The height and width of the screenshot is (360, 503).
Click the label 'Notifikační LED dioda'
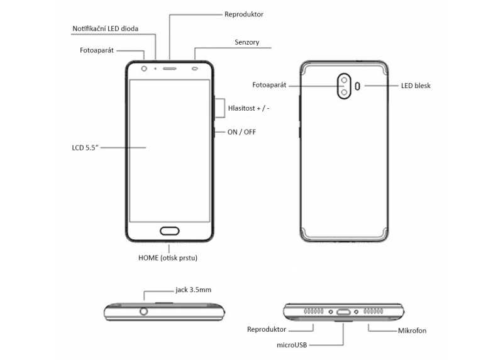point(105,28)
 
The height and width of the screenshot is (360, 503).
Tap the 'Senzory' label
point(246,43)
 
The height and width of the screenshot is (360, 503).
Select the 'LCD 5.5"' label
point(87,148)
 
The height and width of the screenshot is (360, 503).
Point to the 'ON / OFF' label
point(241,132)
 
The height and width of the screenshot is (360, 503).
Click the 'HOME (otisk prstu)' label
point(172,258)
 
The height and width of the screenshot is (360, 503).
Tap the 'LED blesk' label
point(416,86)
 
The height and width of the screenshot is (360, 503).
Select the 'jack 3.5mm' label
point(193,290)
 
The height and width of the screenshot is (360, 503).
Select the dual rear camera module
point(344,86)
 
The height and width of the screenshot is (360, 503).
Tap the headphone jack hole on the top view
point(145,311)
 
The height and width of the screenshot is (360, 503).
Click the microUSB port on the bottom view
point(344,312)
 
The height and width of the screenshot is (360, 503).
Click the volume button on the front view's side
point(214,108)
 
